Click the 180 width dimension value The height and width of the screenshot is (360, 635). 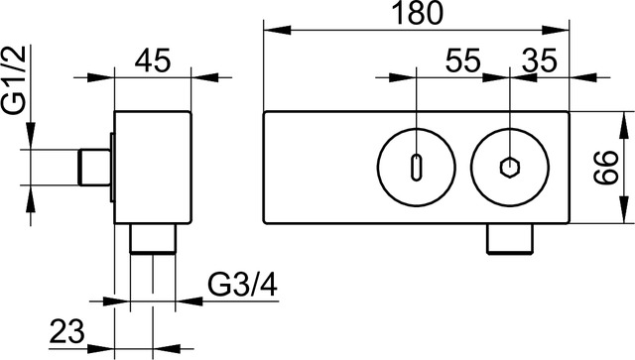(x=417, y=14)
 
